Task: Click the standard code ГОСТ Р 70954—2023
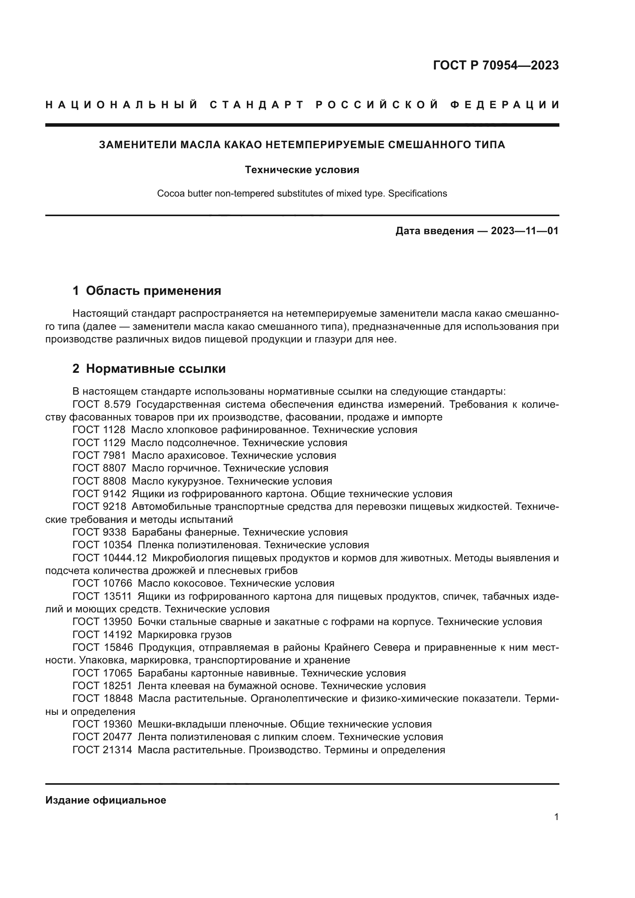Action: pyautogui.click(x=495, y=65)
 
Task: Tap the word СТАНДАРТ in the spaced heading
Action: pyautogui.click(x=257, y=105)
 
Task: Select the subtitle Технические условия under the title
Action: pyautogui.click(x=302, y=170)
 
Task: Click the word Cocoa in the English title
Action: pyautogui.click(x=169, y=193)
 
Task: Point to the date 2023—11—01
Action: pyautogui.click(x=524, y=231)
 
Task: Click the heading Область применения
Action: pyautogui.click(x=153, y=291)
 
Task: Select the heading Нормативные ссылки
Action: pyautogui.click(x=155, y=369)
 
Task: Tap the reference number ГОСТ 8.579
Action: pyautogui.click(x=101, y=404)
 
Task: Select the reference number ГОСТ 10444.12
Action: pyautogui.click(x=109, y=558)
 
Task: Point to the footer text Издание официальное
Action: pyautogui.click(x=106, y=800)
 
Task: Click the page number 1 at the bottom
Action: pyautogui.click(x=556, y=817)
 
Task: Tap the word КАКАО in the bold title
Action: pyautogui.click(x=242, y=145)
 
